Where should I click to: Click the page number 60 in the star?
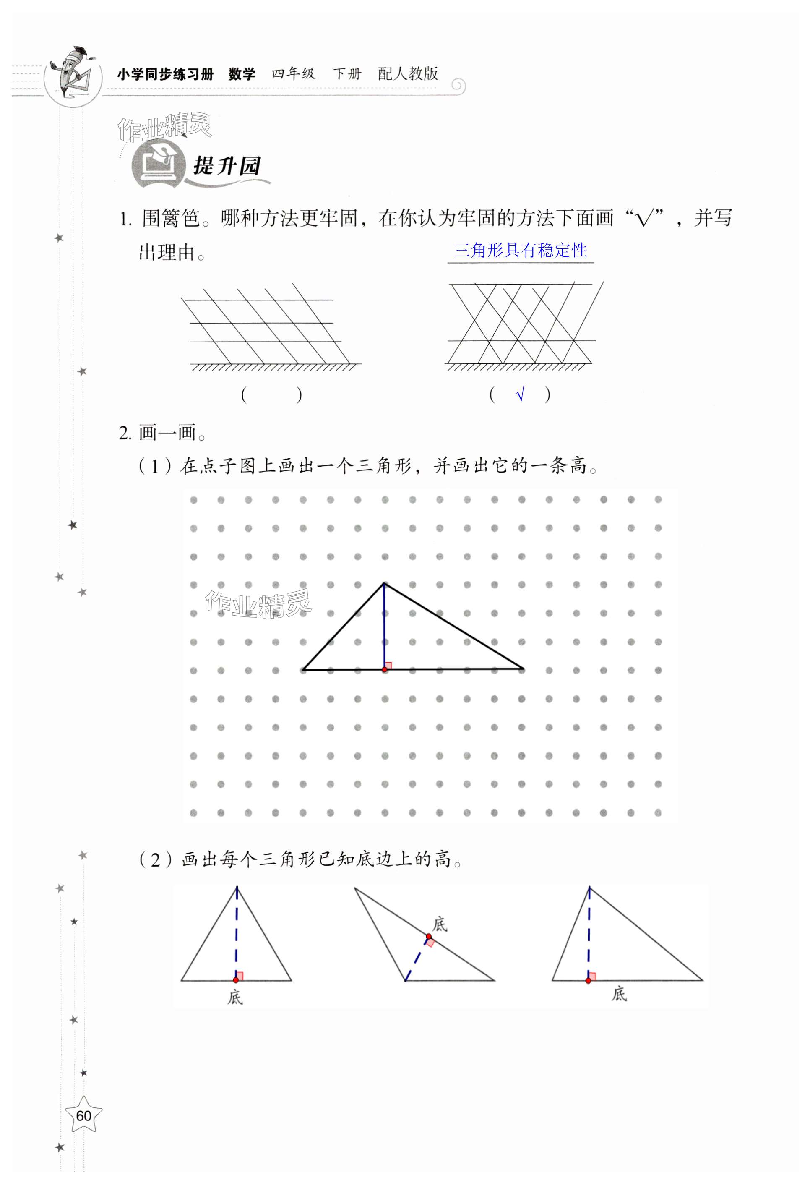pos(83,1116)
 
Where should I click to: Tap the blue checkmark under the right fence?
pos(519,394)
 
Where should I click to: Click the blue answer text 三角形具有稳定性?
pos(520,250)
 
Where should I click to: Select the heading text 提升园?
pos(227,166)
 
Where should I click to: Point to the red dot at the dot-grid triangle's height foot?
pos(385,669)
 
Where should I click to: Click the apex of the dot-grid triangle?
pos(384,583)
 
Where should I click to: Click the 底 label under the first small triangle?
pos(235,997)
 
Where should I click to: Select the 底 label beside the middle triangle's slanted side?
pos(440,924)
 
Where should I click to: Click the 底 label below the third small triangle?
pos(619,993)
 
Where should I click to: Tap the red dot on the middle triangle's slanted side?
pos(428,937)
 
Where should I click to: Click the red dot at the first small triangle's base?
pos(236,980)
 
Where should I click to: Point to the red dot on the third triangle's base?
pos(588,980)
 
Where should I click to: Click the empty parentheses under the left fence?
pos(271,394)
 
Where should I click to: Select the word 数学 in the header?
pos(242,74)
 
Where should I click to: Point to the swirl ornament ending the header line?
pos(458,85)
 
